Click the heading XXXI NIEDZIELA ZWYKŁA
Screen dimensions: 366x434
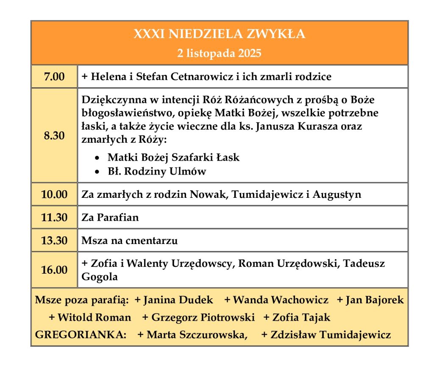[x=219, y=34]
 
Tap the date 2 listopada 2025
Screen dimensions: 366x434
[x=219, y=53]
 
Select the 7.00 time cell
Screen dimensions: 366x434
[x=54, y=77]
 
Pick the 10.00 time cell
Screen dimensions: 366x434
[x=54, y=194]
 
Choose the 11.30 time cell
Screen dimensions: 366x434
[x=54, y=218]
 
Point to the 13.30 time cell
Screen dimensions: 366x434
[x=54, y=241]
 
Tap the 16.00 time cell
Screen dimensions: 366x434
[x=54, y=270]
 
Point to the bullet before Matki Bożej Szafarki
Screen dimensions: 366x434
[x=98, y=158]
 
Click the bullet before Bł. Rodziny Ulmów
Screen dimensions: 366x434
[x=98, y=172]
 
